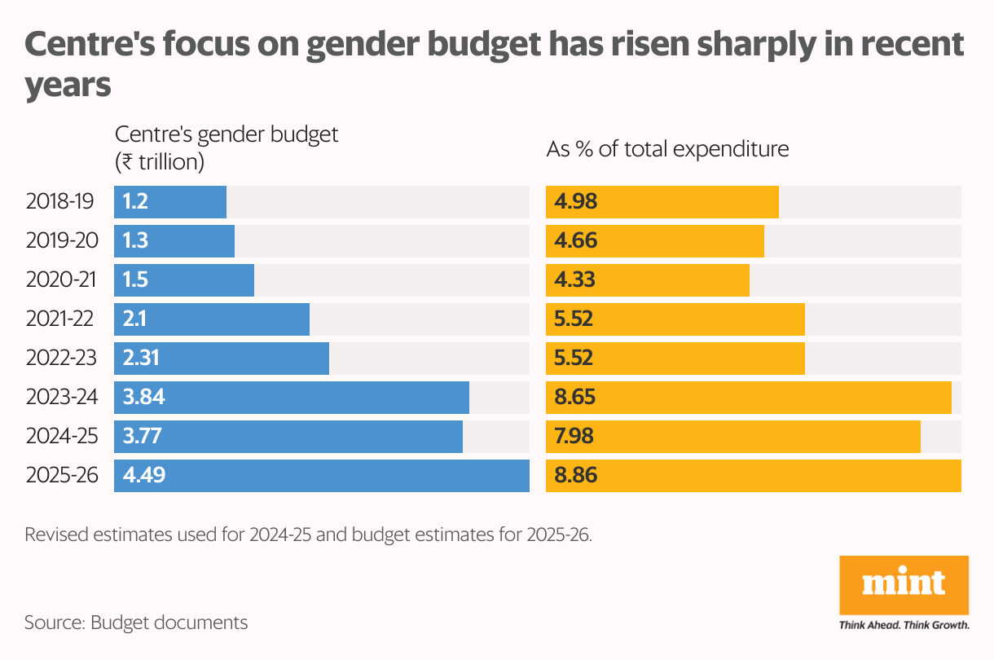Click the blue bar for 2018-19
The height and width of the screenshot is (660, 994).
tap(170, 202)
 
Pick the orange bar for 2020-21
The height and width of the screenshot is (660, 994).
tap(648, 280)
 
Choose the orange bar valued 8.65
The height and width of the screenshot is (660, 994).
tap(749, 398)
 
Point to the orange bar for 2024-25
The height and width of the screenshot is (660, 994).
tap(733, 437)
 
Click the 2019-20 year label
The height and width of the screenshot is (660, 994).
tap(62, 241)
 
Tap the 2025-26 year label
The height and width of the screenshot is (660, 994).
tap(62, 476)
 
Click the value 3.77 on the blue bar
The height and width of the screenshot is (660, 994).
tap(142, 437)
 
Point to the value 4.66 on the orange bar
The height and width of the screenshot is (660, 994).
tap(575, 241)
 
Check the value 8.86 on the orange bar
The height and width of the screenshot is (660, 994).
tap(576, 476)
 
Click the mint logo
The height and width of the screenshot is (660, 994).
tap(904, 583)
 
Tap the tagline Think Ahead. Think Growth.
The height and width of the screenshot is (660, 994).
tap(904, 626)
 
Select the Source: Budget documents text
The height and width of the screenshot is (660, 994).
tap(136, 623)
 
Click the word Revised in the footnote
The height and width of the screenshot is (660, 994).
tap(58, 535)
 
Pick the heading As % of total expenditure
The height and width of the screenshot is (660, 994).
tap(667, 150)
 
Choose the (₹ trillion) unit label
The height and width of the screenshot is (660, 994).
tap(159, 162)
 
